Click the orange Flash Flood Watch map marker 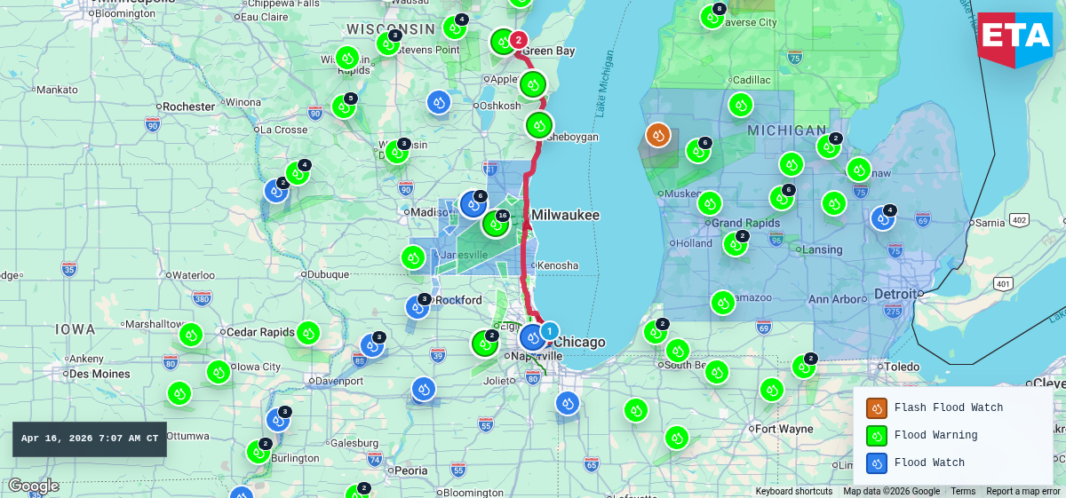[657, 135]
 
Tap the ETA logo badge [1014, 37]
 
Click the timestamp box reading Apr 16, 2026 [90, 439]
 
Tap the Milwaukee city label [565, 215]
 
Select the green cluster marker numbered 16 [495, 223]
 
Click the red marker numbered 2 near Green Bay [519, 40]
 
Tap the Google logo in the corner [33, 486]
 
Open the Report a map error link [1022, 491]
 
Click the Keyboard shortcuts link [794, 491]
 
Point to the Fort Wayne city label [783, 429]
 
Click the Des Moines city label [99, 374]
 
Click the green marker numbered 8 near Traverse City [712, 16]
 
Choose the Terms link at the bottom [963, 491]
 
